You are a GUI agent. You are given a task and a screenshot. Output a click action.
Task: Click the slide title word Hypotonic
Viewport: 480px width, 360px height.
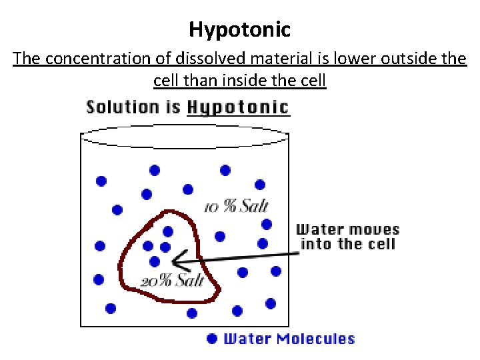tap(239, 30)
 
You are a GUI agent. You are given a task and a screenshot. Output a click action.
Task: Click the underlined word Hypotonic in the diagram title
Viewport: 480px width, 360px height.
tap(238, 107)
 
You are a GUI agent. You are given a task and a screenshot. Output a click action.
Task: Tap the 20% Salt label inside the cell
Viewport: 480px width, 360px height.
tap(172, 281)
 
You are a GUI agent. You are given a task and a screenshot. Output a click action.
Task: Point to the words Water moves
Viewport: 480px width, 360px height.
tap(347, 230)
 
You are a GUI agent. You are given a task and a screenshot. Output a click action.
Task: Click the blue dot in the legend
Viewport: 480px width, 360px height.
tap(212, 339)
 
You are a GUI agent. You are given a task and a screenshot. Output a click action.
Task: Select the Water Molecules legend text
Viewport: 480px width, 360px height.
tap(289, 339)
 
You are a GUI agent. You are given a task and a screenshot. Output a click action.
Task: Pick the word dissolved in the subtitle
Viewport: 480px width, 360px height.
tap(185, 59)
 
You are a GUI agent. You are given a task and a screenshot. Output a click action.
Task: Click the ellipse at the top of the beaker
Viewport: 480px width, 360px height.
tap(185, 137)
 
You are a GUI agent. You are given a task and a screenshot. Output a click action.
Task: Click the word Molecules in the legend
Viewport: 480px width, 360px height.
tap(315, 339)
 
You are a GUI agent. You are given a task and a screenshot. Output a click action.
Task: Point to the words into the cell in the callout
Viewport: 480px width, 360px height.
tap(347, 244)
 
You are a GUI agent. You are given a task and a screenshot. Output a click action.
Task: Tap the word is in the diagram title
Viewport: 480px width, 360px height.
tap(173, 107)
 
